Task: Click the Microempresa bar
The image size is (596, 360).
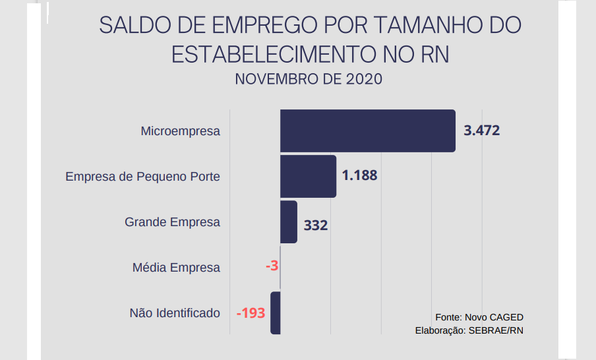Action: [x=367, y=131]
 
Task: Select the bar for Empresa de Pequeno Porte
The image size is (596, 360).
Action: [x=308, y=176]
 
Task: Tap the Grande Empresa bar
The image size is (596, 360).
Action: [x=288, y=222]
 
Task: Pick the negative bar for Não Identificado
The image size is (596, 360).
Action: [x=276, y=313]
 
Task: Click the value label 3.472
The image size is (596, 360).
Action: [x=481, y=131]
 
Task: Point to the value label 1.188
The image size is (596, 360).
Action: [x=359, y=176]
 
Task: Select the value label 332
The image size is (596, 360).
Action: [x=316, y=225]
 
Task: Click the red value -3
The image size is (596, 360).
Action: [x=272, y=266]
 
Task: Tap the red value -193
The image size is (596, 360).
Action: [x=251, y=313]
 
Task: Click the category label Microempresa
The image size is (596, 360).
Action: [x=180, y=131]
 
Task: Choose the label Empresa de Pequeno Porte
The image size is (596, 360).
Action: [x=142, y=177]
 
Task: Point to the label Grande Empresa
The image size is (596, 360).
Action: [x=172, y=222]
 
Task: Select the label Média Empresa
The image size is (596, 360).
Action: [x=176, y=268]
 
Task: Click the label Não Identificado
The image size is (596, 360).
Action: [x=175, y=313]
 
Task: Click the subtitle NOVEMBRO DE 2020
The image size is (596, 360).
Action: [x=309, y=79]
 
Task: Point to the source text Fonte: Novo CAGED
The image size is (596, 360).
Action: [x=479, y=317]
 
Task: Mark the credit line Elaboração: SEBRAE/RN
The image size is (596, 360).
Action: [x=469, y=330]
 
